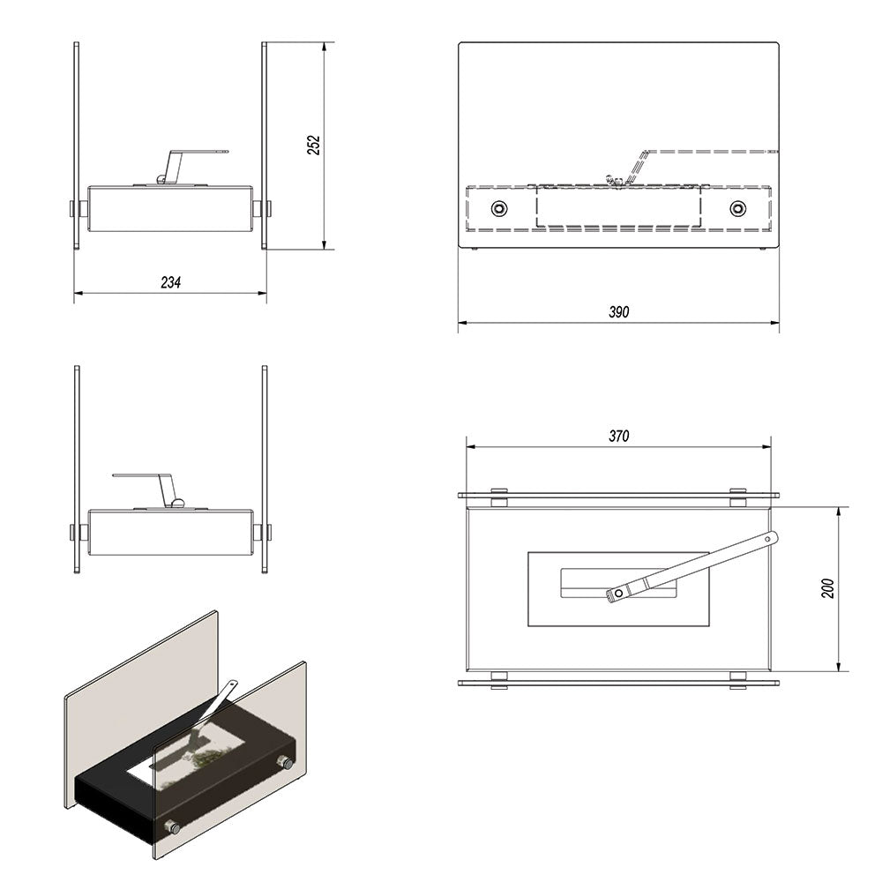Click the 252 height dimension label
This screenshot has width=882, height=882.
coord(315,146)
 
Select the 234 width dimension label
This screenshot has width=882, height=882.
coord(171,282)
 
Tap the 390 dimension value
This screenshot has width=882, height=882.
coord(619,311)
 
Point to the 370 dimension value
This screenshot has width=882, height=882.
coord(619,436)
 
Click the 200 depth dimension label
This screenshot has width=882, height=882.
coord(827,588)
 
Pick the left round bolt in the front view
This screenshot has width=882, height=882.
coord(499,209)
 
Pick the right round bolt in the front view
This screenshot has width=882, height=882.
coord(738,209)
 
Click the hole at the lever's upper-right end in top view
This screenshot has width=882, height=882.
coord(768,539)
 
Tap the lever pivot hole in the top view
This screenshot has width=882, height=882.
coord(619,594)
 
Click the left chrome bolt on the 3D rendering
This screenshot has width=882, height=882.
coord(172,827)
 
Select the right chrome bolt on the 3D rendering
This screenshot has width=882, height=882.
coord(287,763)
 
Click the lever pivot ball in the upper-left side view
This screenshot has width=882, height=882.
coord(161,180)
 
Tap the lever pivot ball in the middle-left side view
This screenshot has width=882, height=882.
coord(178,504)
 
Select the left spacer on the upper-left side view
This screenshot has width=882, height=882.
coord(83,209)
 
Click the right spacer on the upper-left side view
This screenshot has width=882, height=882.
coord(258,209)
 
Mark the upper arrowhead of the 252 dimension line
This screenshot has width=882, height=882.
coord(324,49)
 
